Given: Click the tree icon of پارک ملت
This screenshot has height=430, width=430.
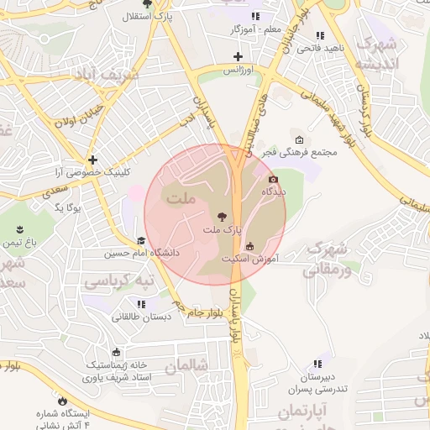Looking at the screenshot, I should coord(221,216).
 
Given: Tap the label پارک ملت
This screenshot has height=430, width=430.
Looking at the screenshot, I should coord(222,229).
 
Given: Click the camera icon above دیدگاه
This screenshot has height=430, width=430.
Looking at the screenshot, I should coord(273,179).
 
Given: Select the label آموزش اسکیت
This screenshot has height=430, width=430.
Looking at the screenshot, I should coord(250,259).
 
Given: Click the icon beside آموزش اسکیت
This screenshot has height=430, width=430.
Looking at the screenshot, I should coord(250,246).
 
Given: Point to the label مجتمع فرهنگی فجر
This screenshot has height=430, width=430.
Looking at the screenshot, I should coord(300,153).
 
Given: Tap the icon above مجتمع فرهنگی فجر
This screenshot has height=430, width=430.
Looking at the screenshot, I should coord(300,139).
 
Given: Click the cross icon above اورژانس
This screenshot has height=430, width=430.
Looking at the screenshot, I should coord(239,57).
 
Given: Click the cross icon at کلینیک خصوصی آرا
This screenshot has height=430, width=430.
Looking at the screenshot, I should coord(92,159).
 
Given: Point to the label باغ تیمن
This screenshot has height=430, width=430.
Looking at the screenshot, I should coord(22,242).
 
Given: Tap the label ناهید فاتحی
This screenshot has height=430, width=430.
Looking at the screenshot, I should coord(319,49).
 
